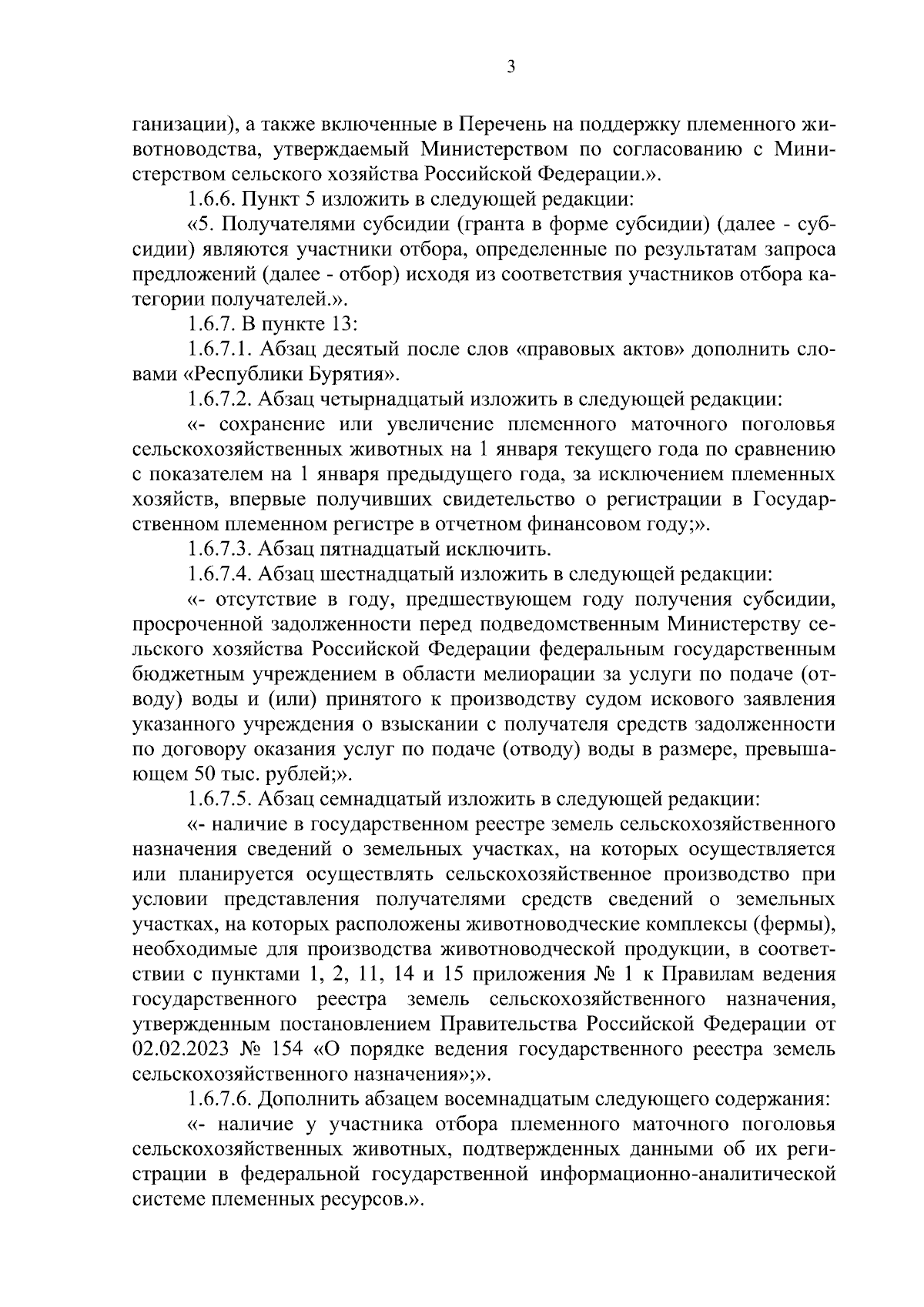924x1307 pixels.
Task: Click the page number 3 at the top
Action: click(x=511, y=67)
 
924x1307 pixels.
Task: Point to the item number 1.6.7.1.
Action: click(x=218, y=349)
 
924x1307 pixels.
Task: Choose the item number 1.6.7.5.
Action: click(x=218, y=799)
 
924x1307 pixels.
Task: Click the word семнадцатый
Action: click(x=374, y=799)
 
